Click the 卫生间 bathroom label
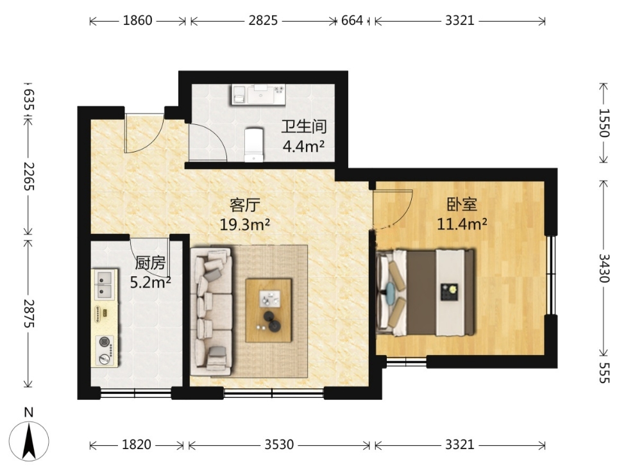304,127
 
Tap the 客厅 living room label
244,205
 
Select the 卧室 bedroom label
462,204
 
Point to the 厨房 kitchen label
150,263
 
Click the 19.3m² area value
244,224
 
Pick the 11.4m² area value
462,223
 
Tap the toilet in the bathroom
254,145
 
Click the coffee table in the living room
269,310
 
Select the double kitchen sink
104,284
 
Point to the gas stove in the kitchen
105,350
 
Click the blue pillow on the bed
391,291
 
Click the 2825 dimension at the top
263,21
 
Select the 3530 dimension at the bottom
279,445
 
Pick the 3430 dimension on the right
604,268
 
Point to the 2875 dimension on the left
29,313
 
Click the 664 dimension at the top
352,21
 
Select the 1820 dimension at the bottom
137,445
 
